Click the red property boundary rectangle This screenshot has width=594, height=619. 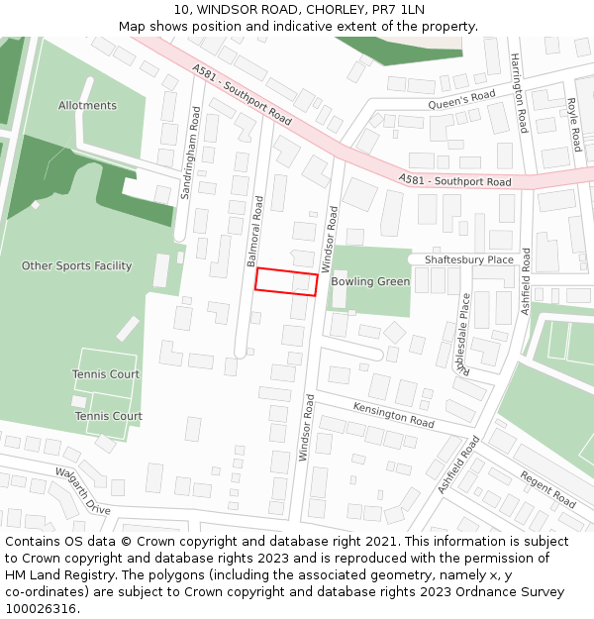(x=286, y=281)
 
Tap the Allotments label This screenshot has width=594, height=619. (x=87, y=106)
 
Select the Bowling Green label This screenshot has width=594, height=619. (x=370, y=282)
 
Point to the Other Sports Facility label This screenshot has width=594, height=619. (x=76, y=266)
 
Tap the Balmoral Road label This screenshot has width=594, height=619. (x=255, y=232)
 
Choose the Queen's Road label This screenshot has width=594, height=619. (x=461, y=101)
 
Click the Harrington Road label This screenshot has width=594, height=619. (x=519, y=93)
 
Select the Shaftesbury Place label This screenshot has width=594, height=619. (x=469, y=259)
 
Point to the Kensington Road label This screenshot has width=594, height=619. (x=394, y=414)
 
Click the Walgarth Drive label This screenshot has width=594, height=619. (x=83, y=491)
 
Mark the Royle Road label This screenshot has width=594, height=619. (x=572, y=118)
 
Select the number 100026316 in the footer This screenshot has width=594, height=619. (x=43, y=608)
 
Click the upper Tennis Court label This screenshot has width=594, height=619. (x=106, y=374)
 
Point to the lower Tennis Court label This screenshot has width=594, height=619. (x=109, y=417)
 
